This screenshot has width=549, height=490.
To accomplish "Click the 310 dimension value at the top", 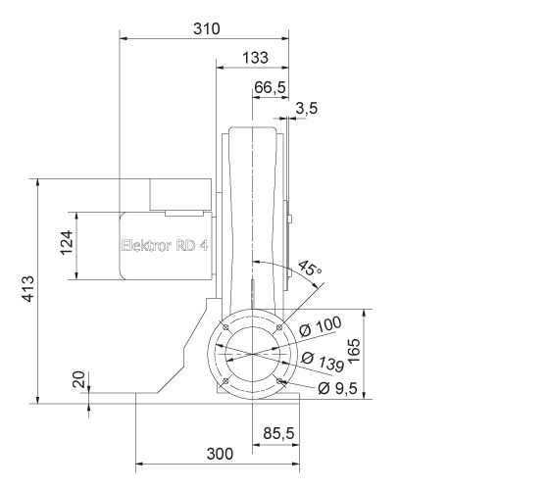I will [x=206, y=28].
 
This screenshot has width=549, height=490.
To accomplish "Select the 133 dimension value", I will [x=254, y=58].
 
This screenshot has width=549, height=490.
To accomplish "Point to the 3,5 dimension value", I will [x=306, y=109].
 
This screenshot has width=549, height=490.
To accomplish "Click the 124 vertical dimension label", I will [x=67, y=240].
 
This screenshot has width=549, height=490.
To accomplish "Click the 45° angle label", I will [x=310, y=269].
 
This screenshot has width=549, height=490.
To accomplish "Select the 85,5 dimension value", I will [x=279, y=431].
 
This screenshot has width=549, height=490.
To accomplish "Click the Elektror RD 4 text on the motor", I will [x=164, y=246].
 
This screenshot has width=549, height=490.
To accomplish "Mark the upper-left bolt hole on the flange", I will [x=225, y=326].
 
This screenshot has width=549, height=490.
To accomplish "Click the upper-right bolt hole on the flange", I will [x=279, y=326].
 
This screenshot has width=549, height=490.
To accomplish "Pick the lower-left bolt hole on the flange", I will [x=225, y=380].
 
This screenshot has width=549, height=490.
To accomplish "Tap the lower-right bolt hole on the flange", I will [x=280, y=380].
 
